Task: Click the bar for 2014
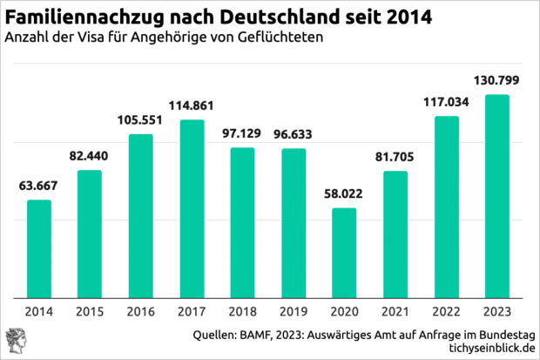(x=39, y=248)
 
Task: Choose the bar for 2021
(x=395, y=234)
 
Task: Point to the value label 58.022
(x=345, y=196)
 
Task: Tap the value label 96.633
(x=294, y=136)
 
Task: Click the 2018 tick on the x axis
(x=243, y=311)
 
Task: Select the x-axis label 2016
(x=141, y=311)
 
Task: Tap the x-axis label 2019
(x=294, y=311)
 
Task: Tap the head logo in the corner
(x=16, y=340)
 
